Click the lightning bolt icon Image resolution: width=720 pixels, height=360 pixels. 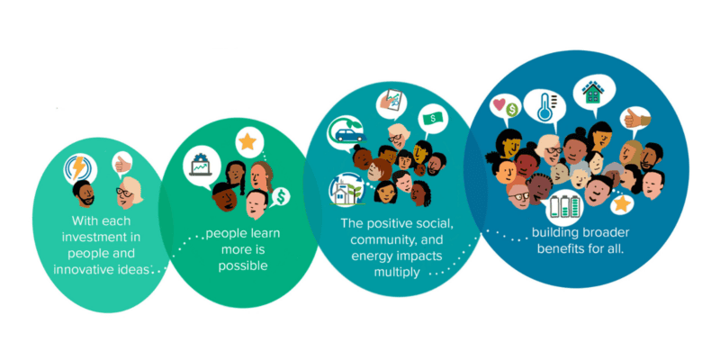79,168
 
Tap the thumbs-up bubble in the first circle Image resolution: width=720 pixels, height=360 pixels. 121,163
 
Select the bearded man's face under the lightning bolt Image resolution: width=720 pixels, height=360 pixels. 84,193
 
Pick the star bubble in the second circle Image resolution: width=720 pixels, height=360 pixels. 248,141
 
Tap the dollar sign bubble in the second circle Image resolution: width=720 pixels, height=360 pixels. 281,196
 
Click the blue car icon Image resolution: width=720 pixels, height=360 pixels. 348,134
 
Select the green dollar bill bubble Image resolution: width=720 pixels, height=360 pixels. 433,120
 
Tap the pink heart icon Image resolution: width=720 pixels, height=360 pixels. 499,103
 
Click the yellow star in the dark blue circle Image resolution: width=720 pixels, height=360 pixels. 622,203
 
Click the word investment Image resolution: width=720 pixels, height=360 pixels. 103,237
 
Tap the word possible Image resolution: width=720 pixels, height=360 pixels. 242,265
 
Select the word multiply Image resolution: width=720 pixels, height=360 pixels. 397,272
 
